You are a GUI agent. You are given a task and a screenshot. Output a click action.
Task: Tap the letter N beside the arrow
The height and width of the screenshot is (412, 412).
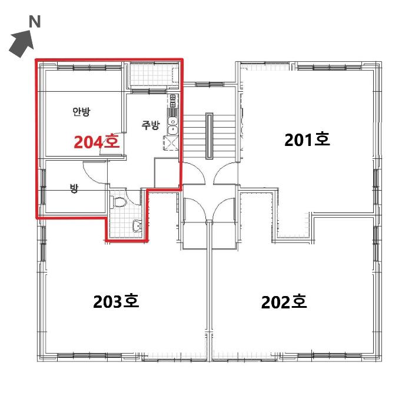point(35,22)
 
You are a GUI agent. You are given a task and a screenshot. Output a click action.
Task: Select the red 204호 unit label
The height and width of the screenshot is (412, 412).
point(97,142)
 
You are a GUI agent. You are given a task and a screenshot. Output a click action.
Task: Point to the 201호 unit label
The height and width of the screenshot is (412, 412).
point(307,139)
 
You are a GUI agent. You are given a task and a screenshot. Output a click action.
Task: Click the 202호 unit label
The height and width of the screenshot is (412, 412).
point(284,302)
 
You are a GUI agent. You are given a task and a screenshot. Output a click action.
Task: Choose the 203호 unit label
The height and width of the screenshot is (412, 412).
point(116,301)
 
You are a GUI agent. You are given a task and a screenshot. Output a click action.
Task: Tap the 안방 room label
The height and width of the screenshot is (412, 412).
point(81,112)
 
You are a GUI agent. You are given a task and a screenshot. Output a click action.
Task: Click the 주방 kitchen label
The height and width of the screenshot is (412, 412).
point(151,125)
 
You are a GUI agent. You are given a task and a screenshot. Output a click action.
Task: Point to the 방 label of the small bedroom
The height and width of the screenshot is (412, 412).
point(74,188)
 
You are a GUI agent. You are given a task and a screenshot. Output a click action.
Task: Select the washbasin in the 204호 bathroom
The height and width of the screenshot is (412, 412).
point(137,225)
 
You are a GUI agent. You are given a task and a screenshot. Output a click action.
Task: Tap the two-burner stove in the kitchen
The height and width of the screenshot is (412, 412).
point(172,101)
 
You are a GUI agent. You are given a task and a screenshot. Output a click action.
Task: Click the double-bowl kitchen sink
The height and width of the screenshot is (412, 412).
point(173,126)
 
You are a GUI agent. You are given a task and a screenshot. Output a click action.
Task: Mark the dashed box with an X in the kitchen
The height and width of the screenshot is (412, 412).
point(171,143)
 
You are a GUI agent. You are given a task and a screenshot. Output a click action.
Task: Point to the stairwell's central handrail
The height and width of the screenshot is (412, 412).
point(210,136)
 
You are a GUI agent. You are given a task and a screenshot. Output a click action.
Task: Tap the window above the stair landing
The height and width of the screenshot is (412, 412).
point(210,84)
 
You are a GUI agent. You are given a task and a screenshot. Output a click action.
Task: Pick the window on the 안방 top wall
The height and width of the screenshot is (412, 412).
point(89,67)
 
